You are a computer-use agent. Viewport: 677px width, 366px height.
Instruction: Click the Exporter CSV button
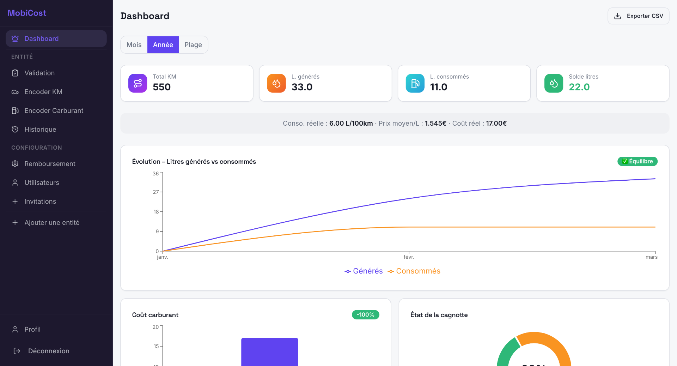(x=638, y=16)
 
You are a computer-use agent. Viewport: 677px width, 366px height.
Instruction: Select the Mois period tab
(x=134, y=45)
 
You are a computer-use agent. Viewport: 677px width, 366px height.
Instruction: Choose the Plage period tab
(x=193, y=45)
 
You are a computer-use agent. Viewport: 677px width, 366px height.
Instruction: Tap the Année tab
(x=163, y=45)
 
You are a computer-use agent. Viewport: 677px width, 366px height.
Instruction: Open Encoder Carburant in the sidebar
(x=54, y=110)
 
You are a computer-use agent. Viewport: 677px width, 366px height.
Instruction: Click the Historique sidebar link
(x=40, y=130)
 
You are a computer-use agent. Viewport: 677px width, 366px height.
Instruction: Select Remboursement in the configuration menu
(x=50, y=164)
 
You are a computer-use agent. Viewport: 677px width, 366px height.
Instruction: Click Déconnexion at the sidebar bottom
(x=48, y=351)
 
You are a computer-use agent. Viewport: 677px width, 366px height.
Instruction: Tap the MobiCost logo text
(x=27, y=13)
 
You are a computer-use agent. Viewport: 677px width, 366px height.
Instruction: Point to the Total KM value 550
(x=161, y=87)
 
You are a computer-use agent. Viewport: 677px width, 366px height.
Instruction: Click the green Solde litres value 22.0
(x=579, y=87)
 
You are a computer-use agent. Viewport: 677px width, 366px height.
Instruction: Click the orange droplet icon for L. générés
(x=276, y=83)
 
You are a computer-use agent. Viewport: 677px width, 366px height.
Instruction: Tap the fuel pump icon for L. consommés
(x=415, y=83)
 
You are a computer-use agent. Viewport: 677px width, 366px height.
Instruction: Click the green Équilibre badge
(x=637, y=161)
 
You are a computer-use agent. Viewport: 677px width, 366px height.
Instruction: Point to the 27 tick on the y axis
(x=156, y=192)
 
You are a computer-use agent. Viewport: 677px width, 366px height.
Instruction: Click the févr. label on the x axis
(x=409, y=257)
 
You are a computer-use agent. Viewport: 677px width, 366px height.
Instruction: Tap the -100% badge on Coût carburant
(x=365, y=314)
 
